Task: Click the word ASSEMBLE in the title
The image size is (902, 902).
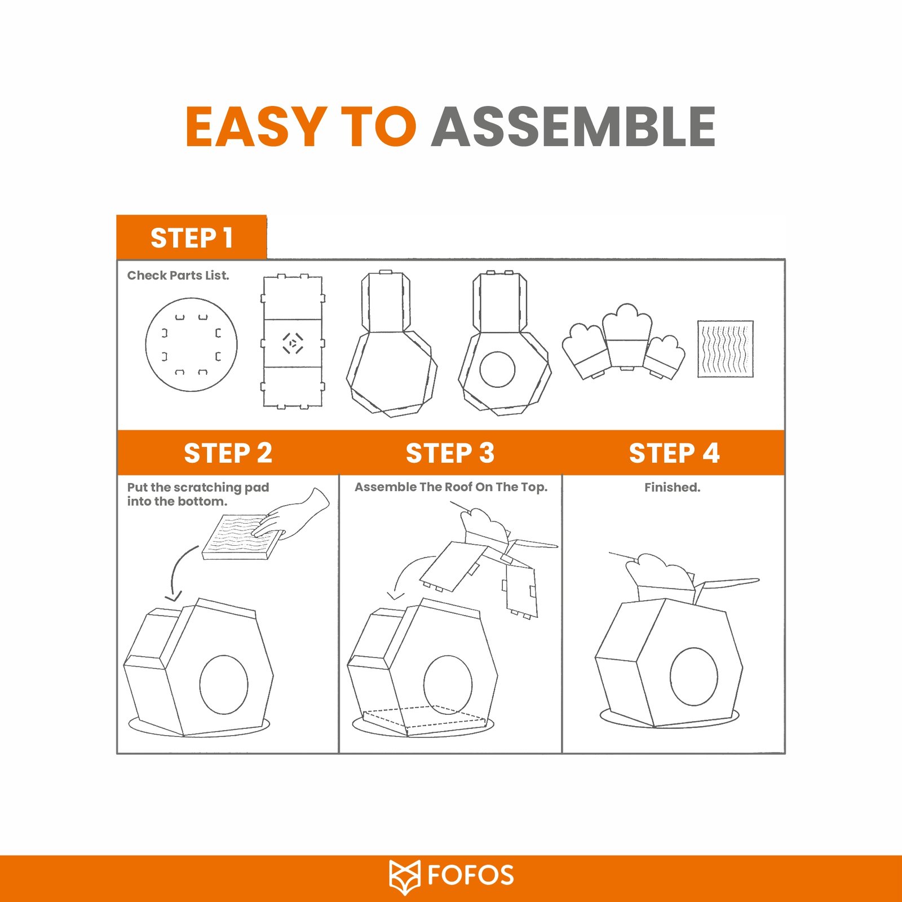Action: click(573, 126)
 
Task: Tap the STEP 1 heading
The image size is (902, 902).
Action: click(192, 238)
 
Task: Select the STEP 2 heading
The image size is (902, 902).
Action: click(228, 453)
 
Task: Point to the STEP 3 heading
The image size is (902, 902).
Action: click(450, 453)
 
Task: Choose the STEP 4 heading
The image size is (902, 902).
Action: click(674, 453)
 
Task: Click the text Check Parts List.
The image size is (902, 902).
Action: click(178, 276)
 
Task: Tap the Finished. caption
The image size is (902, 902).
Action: click(673, 487)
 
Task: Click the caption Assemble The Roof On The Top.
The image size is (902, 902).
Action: click(451, 487)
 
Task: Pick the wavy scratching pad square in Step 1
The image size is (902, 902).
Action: click(726, 349)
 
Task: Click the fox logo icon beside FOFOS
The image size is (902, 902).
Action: click(405, 877)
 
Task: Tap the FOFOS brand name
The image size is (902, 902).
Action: click(471, 876)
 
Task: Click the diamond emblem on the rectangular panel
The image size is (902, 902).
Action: click(293, 343)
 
